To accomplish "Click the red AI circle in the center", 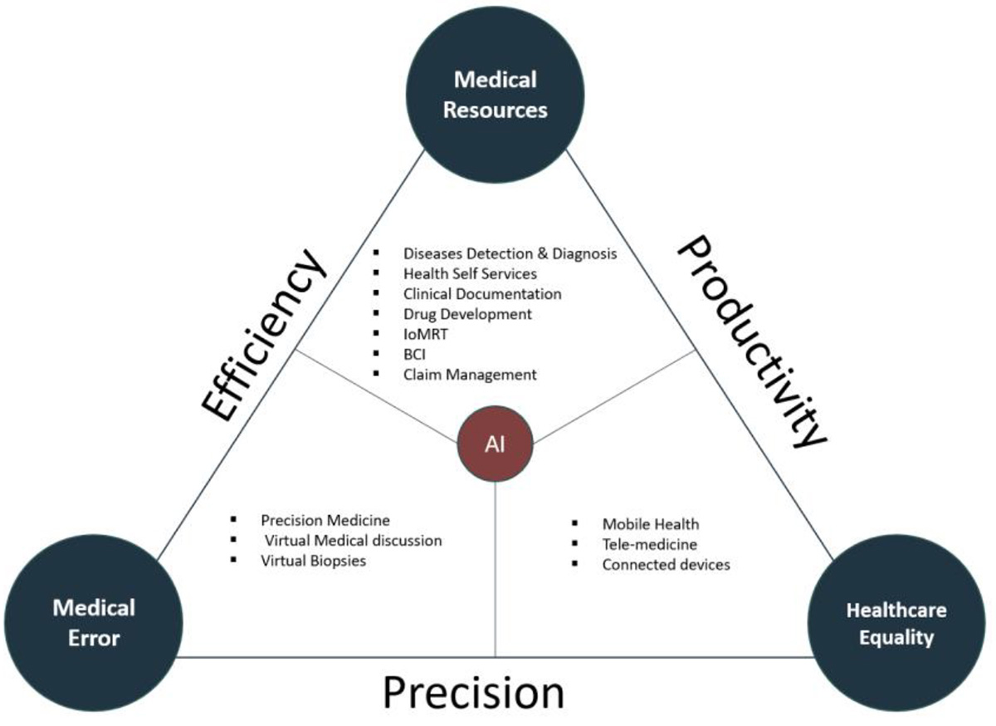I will click(x=496, y=444).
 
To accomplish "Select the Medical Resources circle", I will click(x=496, y=95).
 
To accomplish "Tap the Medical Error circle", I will click(x=94, y=623).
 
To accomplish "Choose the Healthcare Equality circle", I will click(x=896, y=624).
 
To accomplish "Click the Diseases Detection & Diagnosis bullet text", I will click(x=510, y=253).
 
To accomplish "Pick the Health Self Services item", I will click(x=470, y=273).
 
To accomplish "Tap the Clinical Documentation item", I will click(x=482, y=293).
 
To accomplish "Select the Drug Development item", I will click(x=467, y=314).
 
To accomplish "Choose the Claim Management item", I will click(x=470, y=375).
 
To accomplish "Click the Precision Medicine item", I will click(x=325, y=520).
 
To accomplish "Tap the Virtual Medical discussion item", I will click(x=353, y=540).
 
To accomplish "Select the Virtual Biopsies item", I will click(x=313, y=561).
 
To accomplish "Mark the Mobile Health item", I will click(x=651, y=524).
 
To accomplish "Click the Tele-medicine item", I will click(x=649, y=544).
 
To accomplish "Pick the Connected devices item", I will click(x=666, y=565).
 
